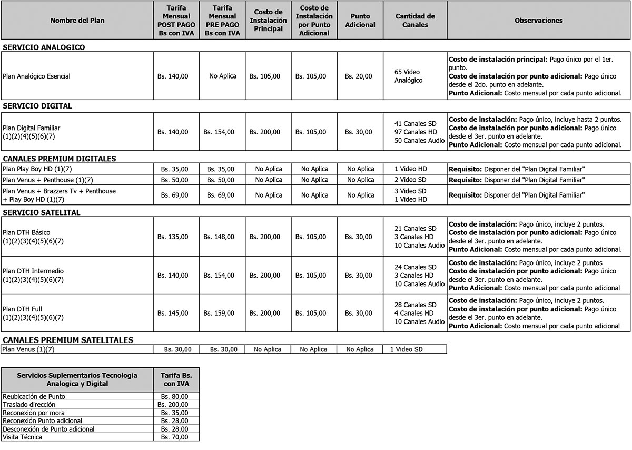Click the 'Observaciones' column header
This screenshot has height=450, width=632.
click(538, 21)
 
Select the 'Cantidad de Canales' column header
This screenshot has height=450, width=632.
click(415, 21)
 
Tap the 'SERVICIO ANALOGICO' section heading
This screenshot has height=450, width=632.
click(44, 47)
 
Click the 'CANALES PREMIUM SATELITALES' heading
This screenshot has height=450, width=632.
click(67, 340)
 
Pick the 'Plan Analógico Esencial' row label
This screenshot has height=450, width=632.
click(36, 76)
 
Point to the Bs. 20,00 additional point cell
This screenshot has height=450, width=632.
click(358, 76)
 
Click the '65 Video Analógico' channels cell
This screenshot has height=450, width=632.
click(408, 76)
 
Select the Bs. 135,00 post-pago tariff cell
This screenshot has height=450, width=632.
click(173, 237)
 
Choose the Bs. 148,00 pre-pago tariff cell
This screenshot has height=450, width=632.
click(219, 237)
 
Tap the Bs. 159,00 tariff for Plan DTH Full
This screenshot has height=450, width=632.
click(219, 313)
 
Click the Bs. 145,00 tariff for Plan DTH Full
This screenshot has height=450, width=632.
click(173, 313)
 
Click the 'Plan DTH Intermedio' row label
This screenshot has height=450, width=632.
click(33, 271)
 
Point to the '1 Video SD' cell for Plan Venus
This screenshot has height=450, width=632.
click(406, 349)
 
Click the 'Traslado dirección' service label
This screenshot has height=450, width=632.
click(29, 404)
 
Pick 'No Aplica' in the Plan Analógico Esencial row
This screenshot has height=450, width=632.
click(223, 76)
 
